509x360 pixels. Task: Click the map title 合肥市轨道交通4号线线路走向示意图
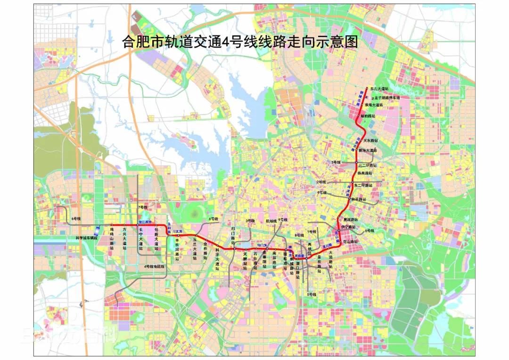click(x=240, y=42)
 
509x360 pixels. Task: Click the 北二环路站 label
click(x=368, y=166)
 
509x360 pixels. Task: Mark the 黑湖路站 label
click(x=351, y=220)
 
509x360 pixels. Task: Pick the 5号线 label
click(x=312, y=295)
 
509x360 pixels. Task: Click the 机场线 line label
click(x=271, y=221)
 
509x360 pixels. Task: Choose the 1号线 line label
click(x=312, y=231)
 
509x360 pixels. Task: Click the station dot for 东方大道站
click(x=367, y=88)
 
